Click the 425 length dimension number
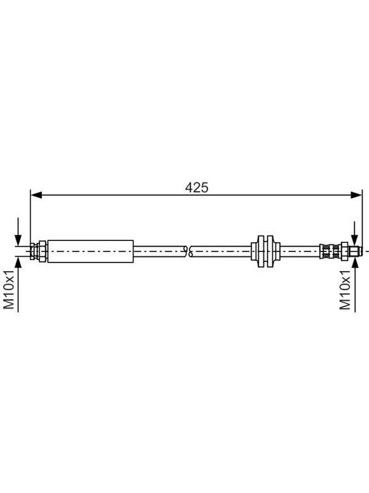point(196,188)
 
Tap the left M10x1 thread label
point(9,290)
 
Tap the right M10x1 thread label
point(345,290)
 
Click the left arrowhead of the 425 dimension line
point(36,195)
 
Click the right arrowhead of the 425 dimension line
point(356,195)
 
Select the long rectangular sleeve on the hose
point(90,251)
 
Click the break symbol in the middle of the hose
point(189,251)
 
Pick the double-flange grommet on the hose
point(265,251)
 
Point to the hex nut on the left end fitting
point(42,251)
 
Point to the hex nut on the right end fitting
point(345,251)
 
